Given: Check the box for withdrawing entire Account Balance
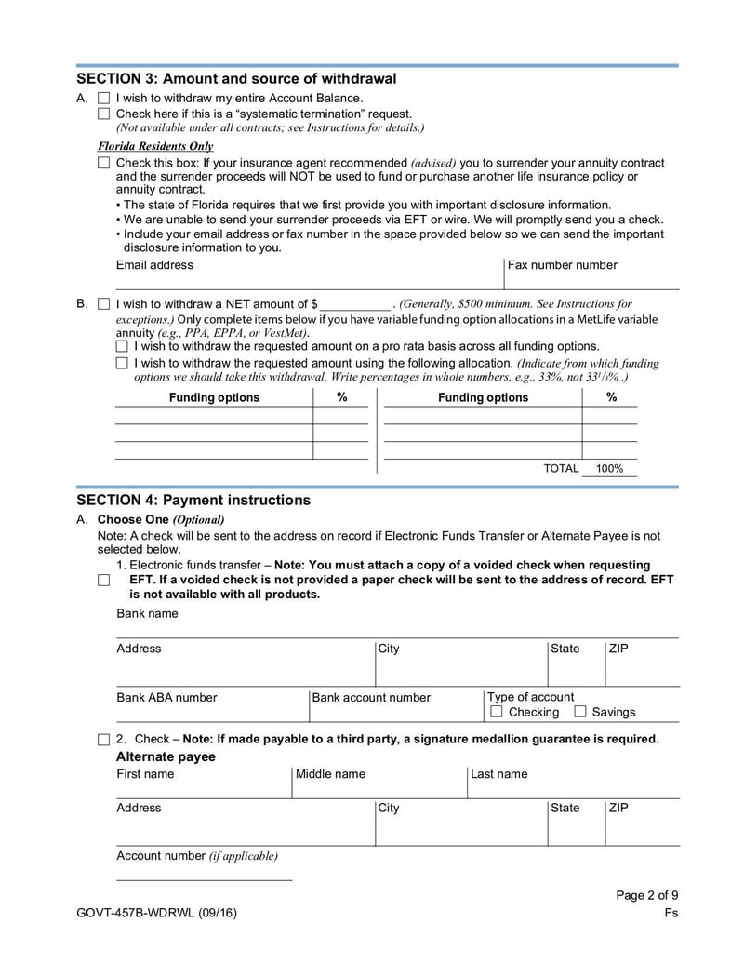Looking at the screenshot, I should tap(103, 98).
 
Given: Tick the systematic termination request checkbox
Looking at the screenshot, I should tap(103, 114).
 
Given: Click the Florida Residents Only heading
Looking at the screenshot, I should tap(155, 146).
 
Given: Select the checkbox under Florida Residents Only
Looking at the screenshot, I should tap(103, 163).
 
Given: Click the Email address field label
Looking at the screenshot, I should tap(154, 265).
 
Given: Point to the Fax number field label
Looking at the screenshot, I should tap(562, 265).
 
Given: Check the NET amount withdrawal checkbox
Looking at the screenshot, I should tap(103, 303).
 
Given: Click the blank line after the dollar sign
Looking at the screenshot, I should tap(356, 304).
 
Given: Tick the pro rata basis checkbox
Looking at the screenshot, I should tap(122, 346).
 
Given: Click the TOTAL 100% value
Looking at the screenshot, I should tap(609, 469).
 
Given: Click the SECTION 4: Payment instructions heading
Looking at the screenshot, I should tap(193, 500).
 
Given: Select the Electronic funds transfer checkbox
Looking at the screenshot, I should tap(103, 580).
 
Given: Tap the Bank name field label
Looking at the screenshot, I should tap(147, 614).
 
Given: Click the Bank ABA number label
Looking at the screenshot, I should tap(166, 697).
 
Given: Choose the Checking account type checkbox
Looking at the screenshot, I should tap(497, 712).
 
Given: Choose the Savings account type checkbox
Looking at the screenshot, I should tap(580, 712).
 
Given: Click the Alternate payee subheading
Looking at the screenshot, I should tap(166, 756).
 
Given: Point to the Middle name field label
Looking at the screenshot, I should tap(330, 774).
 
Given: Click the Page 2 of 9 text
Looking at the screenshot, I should tap(647, 896).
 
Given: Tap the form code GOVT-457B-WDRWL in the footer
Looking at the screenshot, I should tap(134, 913).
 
